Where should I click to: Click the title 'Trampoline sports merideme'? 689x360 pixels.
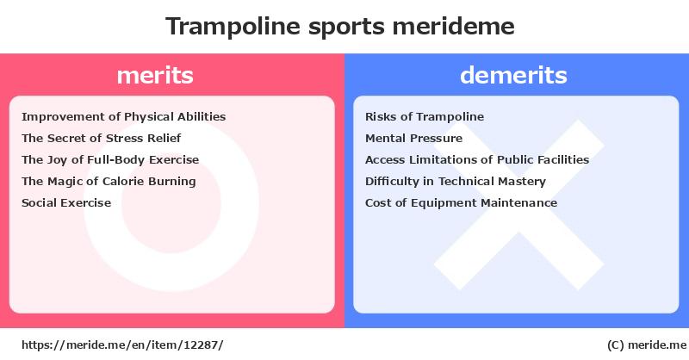pos(339,27)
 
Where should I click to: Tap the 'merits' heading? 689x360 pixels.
pos(155,75)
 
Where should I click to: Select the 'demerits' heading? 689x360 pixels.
pos(513,75)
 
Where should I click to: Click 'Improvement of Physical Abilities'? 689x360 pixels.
pos(123,116)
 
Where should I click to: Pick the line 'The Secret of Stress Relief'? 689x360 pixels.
pos(101,138)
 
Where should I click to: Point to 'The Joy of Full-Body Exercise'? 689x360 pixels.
pos(110,159)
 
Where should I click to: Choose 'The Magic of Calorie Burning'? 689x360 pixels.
pos(109,181)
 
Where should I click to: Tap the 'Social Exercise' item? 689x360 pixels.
pos(66,202)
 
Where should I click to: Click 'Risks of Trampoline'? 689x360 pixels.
pos(425,116)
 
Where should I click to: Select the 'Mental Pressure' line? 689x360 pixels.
pos(414,138)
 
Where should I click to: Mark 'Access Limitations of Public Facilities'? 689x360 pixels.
pos(477,159)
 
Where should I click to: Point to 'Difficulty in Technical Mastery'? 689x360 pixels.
pos(456,181)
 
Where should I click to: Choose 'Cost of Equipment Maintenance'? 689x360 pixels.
pos(461,202)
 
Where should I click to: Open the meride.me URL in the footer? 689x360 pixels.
pos(122,345)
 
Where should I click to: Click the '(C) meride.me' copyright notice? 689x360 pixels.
pos(647,345)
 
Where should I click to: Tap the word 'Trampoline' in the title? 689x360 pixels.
pos(233,27)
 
